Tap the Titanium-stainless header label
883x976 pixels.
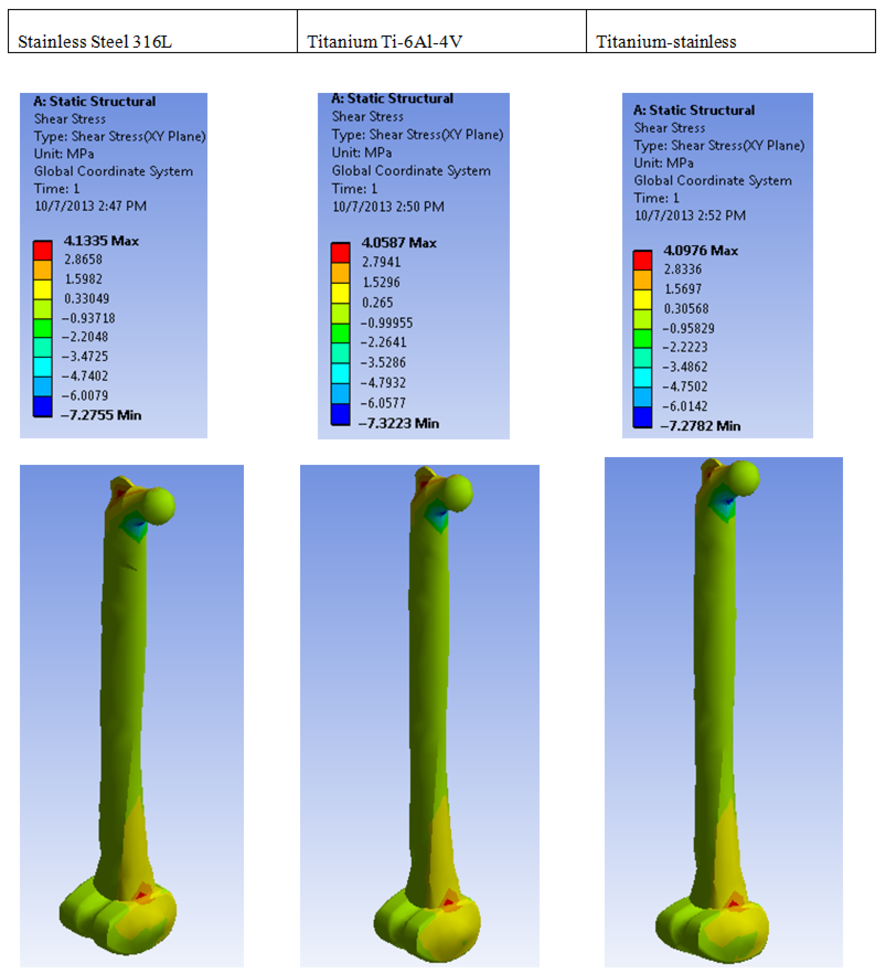tap(666, 42)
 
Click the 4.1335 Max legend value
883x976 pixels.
tap(101, 241)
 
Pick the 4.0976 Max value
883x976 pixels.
tap(701, 251)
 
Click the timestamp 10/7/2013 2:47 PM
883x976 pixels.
tap(91, 206)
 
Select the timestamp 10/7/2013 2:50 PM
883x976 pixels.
tap(388, 207)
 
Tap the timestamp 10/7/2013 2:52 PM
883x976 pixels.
tap(690, 216)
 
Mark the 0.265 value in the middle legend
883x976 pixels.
tap(377, 303)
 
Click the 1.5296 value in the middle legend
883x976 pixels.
tap(381, 282)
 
